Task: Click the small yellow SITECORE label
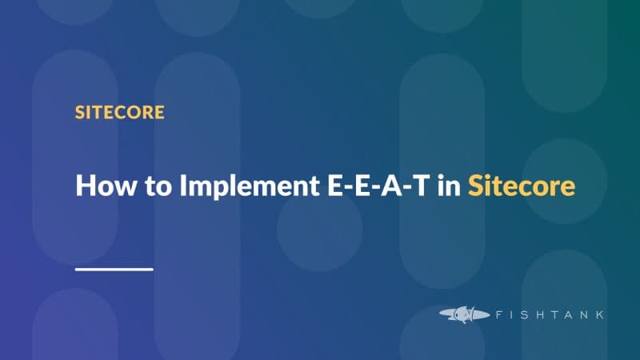tap(119, 111)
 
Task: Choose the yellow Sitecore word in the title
tap(521, 186)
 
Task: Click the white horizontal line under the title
tap(114, 269)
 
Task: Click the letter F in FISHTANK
tap(492, 314)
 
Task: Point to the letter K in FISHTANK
tap(598, 314)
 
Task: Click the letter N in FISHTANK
tap(582, 314)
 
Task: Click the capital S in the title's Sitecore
tap(476, 186)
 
